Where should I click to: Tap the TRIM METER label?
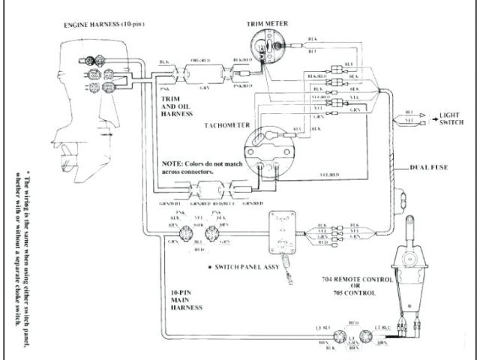click(268, 24)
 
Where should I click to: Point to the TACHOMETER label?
click(226, 125)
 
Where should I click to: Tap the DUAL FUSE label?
click(429, 166)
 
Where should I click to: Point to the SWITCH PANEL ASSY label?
click(250, 268)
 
